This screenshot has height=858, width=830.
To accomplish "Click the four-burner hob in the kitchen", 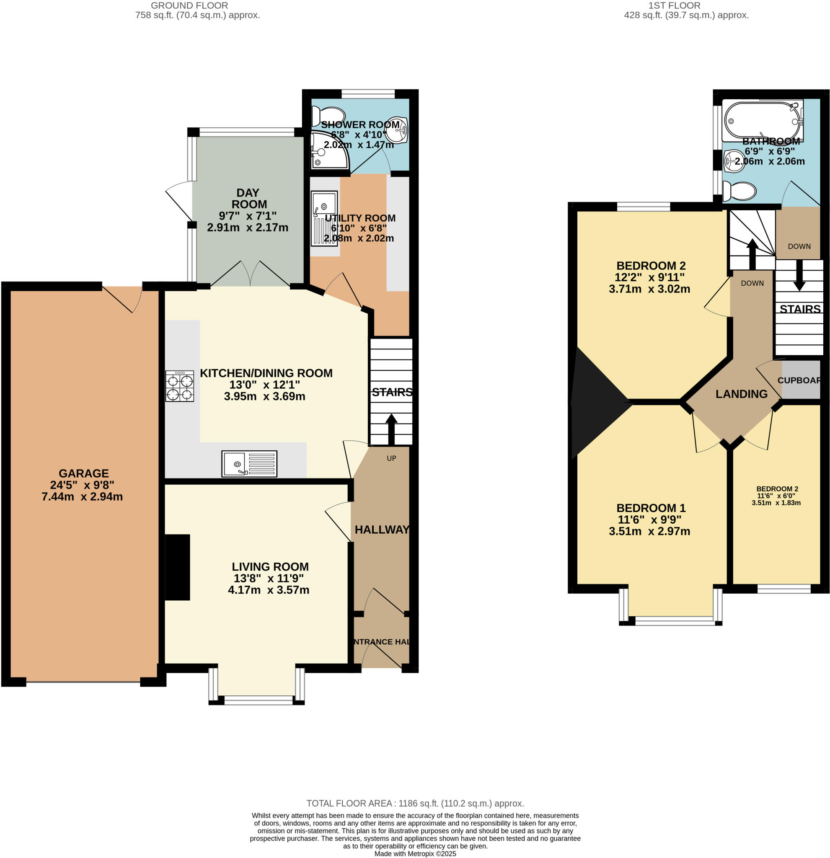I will pyautogui.click(x=179, y=386).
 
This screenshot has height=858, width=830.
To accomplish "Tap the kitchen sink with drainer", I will pyautogui.click(x=249, y=464).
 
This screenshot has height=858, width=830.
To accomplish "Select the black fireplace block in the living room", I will pyautogui.click(x=177, y=567).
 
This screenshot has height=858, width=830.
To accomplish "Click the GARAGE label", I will pyautogui.click(x=84, y=473).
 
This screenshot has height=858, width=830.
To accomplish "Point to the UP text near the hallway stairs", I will pyautogui.click(x=391, y=458).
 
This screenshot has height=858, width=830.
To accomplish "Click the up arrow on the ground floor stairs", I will pyautogui.click(x=391, y=429).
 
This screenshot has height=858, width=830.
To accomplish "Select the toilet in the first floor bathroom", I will pyautogui.click(x=740, y=191).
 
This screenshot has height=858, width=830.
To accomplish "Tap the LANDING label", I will pyautogui.click(x=741, y=394).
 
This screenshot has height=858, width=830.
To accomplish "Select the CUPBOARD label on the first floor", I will pyautogui.click(x=799, y=380).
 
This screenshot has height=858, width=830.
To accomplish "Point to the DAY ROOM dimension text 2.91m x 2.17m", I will pyautogui.click(x=247, y=227).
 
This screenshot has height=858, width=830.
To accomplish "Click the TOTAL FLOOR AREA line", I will pyautogui.click(x=414, y=803).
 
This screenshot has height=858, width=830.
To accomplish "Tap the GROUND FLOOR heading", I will pyautogui.click(x=189, y=6).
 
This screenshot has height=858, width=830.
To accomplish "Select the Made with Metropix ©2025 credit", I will pyautogui.click(x=415, y=854).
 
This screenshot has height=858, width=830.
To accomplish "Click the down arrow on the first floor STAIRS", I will pyautogui.click(x=799, y=276).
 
